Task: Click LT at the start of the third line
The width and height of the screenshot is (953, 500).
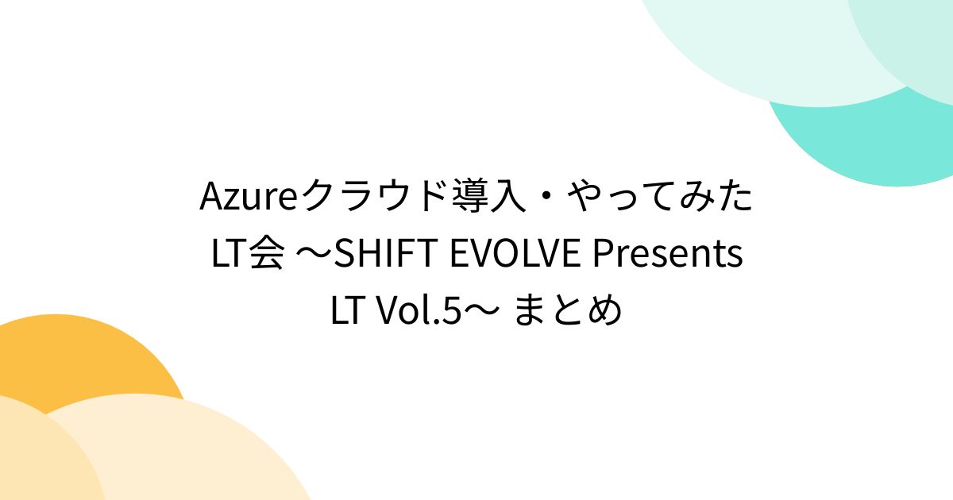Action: click(347, 312)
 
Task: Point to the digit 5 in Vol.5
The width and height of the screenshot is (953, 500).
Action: click(453, 312)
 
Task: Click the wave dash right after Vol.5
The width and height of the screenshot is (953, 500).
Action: click(482, 312)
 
